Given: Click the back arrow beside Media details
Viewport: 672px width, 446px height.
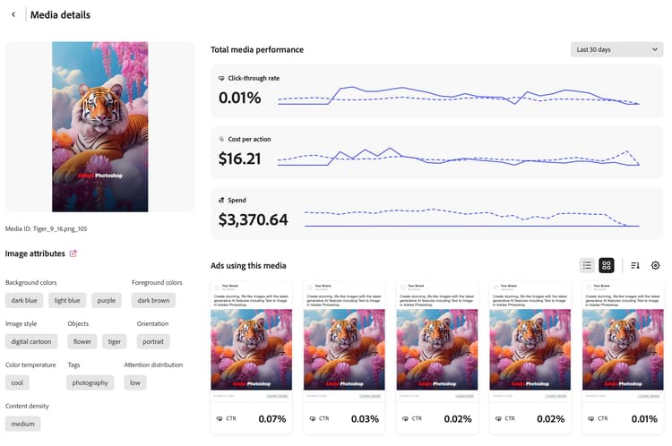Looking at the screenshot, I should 13,15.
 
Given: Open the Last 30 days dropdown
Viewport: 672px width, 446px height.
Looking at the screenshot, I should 616,49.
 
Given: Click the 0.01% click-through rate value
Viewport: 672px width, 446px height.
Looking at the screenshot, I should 240,98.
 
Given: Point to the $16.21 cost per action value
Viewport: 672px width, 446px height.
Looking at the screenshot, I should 240,159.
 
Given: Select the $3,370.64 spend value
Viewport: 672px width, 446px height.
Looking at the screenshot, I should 254,219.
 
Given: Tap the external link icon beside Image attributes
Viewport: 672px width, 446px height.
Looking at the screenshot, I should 73,253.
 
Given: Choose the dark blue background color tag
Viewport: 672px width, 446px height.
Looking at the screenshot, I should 23,300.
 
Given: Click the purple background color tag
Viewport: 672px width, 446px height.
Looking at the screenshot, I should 107,300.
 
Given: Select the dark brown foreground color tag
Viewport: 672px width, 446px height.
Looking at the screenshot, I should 153,300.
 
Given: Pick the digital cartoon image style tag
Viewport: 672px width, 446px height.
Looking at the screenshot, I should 31,341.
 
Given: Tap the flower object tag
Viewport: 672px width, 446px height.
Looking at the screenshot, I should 82,341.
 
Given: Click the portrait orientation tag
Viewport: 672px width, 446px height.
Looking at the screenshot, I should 153,341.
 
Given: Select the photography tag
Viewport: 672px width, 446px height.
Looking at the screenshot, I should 90,382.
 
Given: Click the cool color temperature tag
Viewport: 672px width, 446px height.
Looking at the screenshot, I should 17,382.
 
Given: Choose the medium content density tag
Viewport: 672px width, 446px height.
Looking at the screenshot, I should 23,424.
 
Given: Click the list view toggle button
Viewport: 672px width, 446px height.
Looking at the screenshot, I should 587,265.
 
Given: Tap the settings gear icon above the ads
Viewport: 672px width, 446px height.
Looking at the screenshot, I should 655,265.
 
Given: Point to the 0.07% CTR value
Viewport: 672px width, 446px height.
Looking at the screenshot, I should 271,418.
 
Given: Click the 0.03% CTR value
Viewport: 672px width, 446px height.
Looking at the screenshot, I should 365,418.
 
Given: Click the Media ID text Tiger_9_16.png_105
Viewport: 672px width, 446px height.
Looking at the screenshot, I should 47,228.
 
